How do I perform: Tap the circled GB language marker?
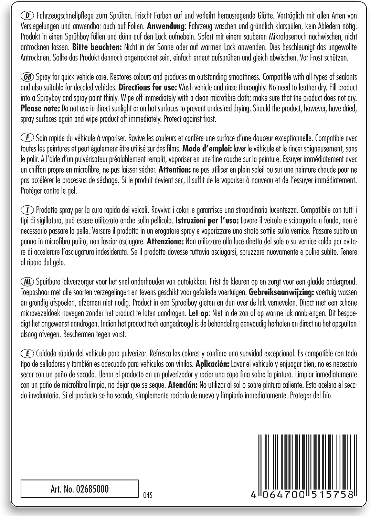[27, 77]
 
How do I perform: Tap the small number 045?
[147, 495]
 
